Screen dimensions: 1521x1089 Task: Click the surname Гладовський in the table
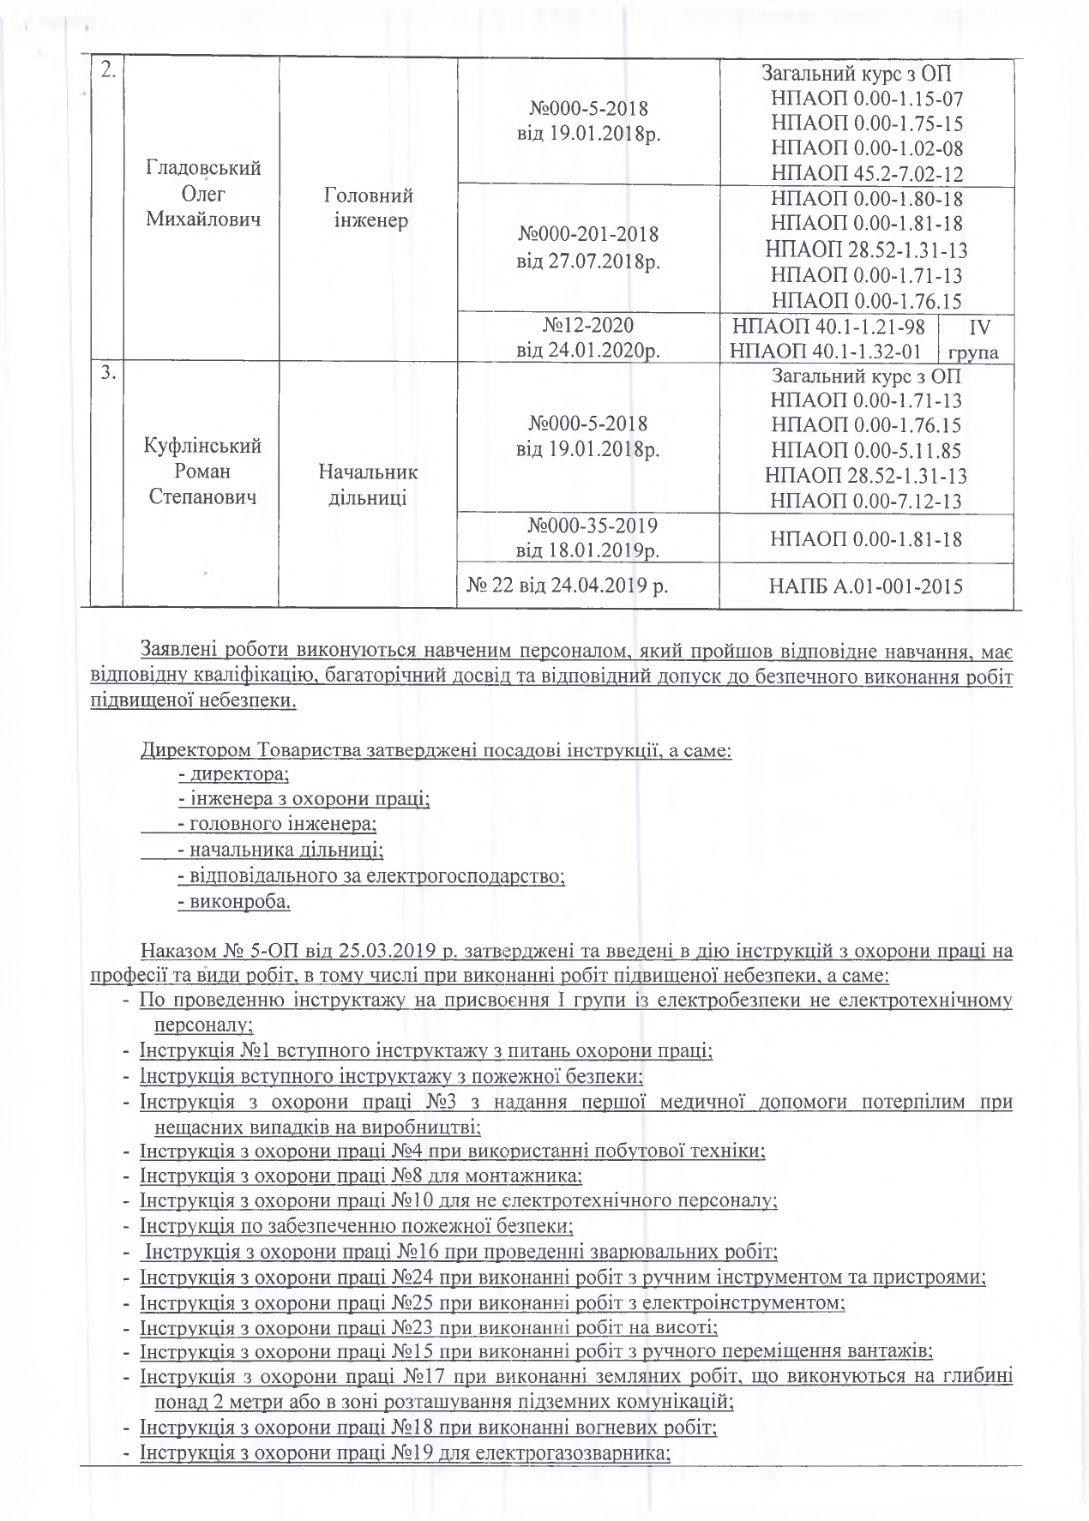click(x=203, y=167)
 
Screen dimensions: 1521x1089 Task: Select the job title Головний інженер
click(x=368, y=207)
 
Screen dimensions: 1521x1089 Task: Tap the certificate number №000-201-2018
click(x=588, y=233)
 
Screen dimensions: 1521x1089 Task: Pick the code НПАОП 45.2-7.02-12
click(x=867, y=173)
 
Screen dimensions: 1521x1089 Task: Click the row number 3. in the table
click(x=108, y=376)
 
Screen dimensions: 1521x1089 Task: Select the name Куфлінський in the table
click(x=203, y=446)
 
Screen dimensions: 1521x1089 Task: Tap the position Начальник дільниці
click(x=368, y=484)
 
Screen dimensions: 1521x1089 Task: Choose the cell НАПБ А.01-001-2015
click(x=867, y=586)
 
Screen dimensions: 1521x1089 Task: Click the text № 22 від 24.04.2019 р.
click(x=568, y=586)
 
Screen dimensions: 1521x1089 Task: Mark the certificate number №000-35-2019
click(x=588, y=524)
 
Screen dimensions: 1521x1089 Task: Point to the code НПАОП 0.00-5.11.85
click(x=867, y=450)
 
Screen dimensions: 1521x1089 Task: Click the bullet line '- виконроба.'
click(x=234, y=902)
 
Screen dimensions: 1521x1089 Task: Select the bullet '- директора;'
click(x=234, y=774)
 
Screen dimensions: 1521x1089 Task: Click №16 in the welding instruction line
click(x=417, y=1252)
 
